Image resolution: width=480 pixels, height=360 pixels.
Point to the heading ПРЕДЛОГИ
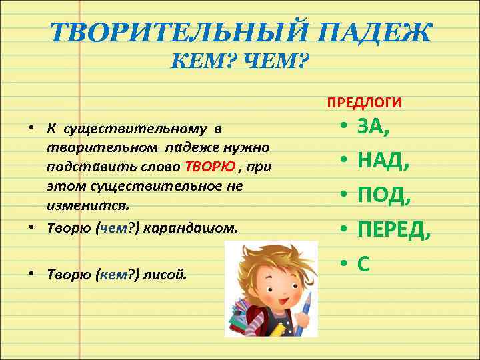[364, 102]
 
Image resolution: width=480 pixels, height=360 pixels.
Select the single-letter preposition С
[364, 264]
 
